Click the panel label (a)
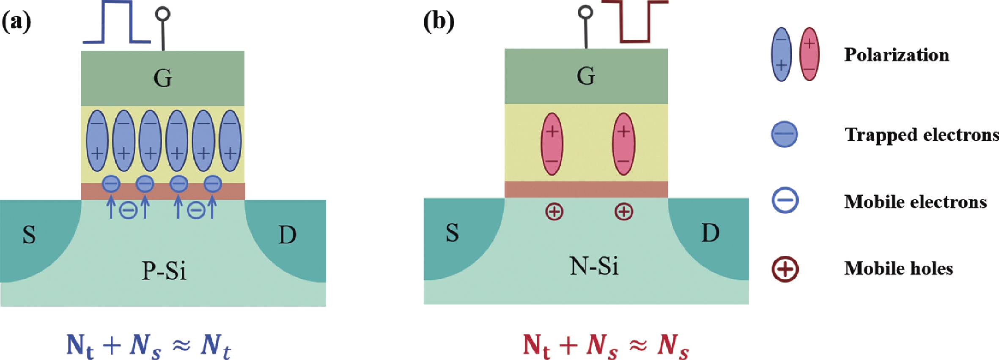(16, 21)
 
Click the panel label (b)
(439, 21)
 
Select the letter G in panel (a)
(163, 78)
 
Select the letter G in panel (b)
(586, 76)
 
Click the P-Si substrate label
(164, 271)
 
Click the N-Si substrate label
(594, 267)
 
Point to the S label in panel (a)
(29, 235)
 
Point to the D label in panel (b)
(710, 233)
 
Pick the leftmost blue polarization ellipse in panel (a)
(97, 140)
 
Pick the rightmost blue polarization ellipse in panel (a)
(230, 140)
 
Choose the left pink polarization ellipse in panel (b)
(552, 144)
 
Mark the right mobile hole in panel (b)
(624, 212)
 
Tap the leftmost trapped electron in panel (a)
(111, 184)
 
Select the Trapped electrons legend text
(921, 135)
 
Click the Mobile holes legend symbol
(785, 269)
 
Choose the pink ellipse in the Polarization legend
(809, 54)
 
